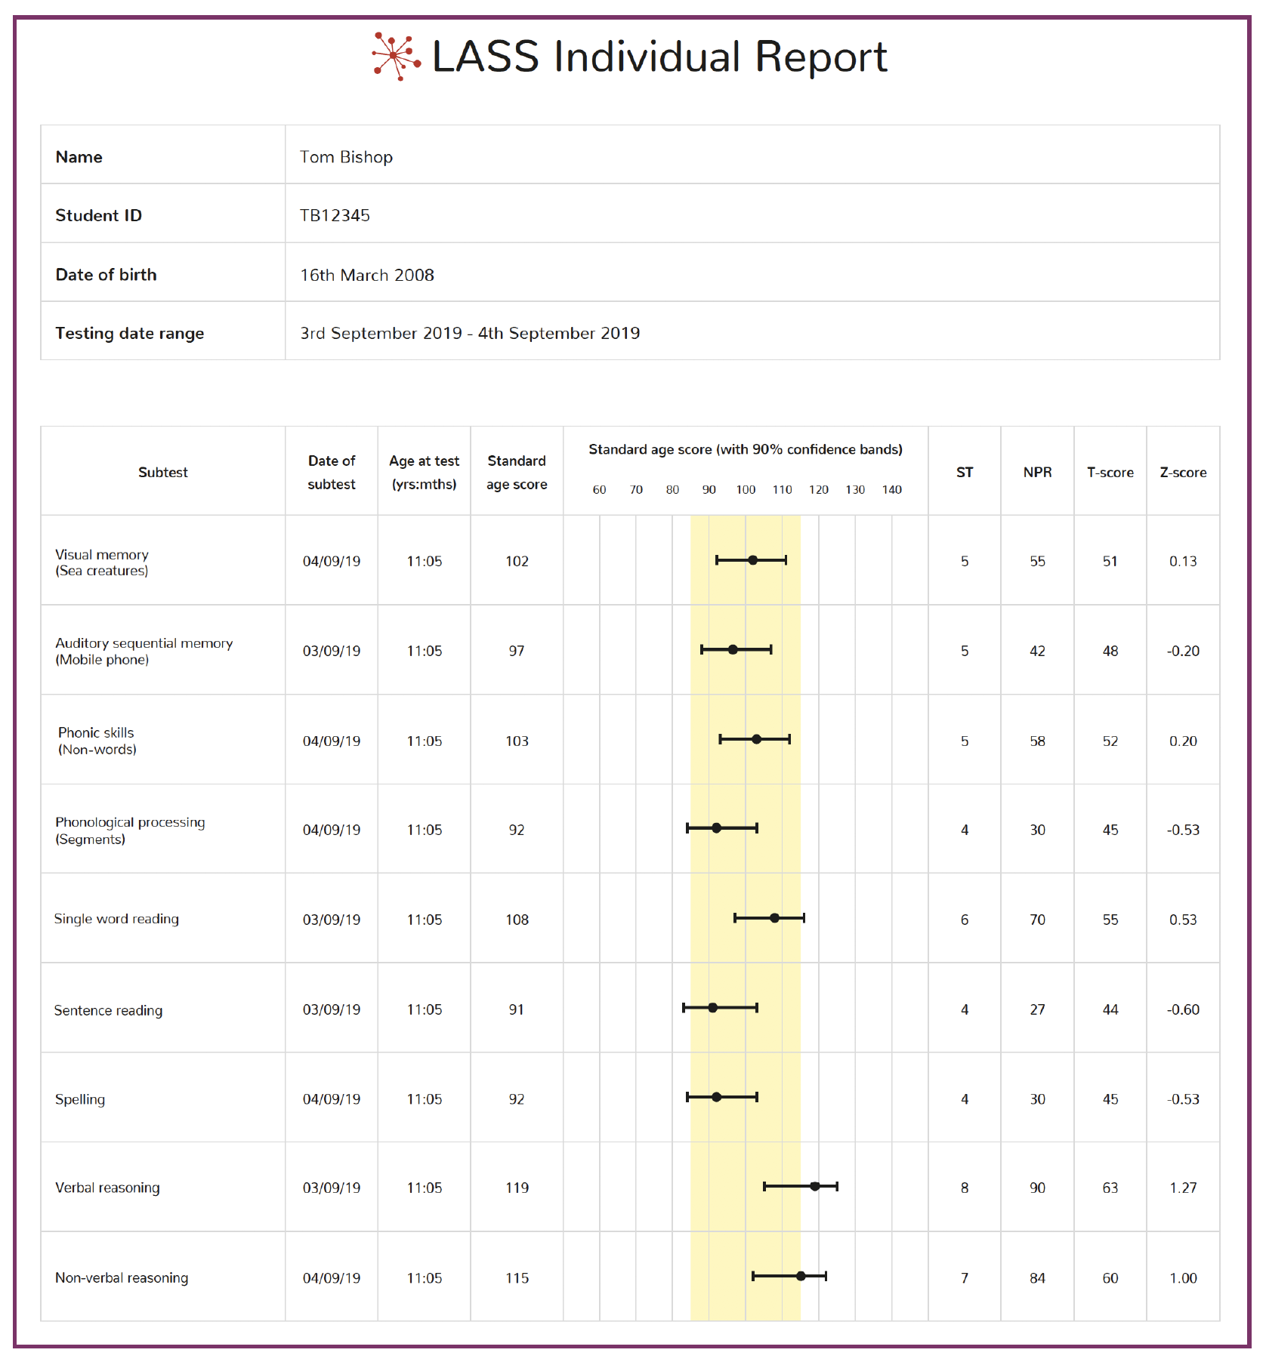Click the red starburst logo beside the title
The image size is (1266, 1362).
[x=396, y=56]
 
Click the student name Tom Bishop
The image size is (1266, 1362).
[x=346, y=157]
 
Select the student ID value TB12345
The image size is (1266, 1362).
[x=335, y=215]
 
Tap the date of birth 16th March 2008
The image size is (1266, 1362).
[x=367, y=275]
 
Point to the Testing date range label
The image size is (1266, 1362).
[x=130, y=334]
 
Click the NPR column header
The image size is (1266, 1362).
[x=1037, y=472]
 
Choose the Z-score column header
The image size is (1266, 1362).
[x=1183, y=472]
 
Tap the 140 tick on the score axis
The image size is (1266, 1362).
[x=892, y=489]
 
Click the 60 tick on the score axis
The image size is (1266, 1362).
[x=600, y=489]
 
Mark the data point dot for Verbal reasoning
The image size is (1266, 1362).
[x=815, y=1186]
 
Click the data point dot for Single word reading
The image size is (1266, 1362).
[x=774, y=918]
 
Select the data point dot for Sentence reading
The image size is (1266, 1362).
[x=713, y=1007]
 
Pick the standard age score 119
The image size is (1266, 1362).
[x=517, y=1188]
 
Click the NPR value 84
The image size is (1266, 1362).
[x=1037, y=1277]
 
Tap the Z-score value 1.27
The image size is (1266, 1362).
[x=1183, y=1188]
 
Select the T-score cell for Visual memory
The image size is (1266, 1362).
[x=1110, y=561]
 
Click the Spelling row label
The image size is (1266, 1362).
[x=80, y=1099]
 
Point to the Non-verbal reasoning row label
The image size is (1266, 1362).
[x=122, y=1277]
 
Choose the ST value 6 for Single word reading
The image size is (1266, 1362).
[x=965, y=920]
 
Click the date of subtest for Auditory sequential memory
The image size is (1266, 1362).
[x=332, y=651]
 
